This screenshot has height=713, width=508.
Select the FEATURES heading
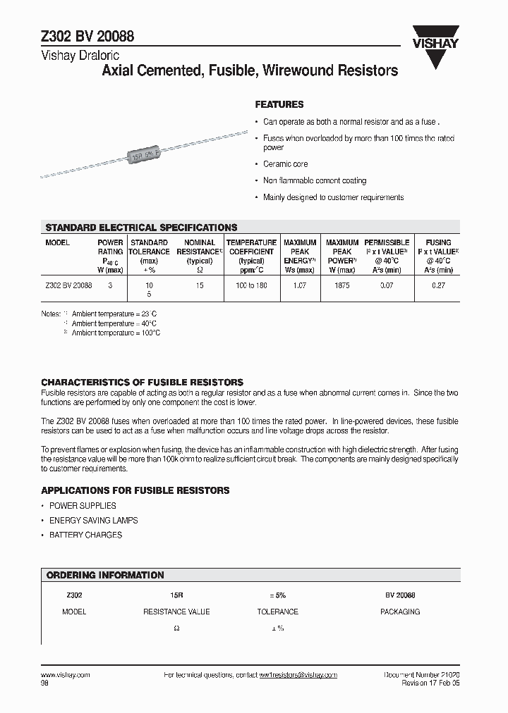point(279,104)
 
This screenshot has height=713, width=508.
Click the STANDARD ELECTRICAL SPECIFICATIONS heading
point(141,228)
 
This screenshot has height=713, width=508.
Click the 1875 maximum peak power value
point(341,285)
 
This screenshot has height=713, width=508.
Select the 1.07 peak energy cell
point(299,285)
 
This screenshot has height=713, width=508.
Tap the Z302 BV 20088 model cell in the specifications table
point(68,285)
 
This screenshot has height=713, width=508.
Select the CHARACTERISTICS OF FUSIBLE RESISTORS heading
point(142,382)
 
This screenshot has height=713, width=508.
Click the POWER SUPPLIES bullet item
point(83,506)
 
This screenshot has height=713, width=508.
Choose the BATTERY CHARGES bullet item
point(85,535)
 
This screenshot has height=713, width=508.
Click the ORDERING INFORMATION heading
point(105,575)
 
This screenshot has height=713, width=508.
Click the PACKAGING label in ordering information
point(400,612)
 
